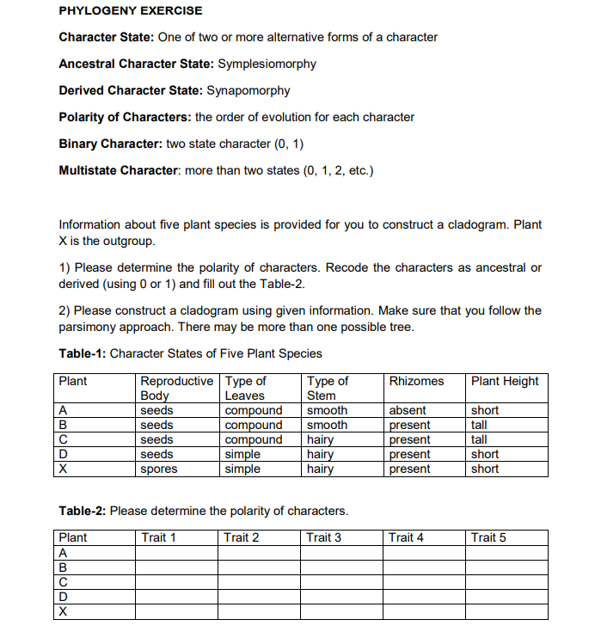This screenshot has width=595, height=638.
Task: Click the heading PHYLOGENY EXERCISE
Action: point(131,11)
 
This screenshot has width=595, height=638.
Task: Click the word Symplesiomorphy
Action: point(267,64)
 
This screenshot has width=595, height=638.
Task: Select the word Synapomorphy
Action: point(248,90)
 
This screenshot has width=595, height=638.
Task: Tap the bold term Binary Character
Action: point(109,144)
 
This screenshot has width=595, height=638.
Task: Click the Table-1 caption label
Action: point(82,353)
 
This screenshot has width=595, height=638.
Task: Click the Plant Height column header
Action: point(505,381)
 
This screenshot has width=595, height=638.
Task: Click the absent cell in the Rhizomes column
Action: point(408,411)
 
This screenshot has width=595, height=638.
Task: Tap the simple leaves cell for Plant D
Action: point(242,455)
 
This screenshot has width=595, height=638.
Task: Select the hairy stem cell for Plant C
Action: point(321,440)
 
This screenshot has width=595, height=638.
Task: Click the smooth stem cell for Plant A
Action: point(327,411)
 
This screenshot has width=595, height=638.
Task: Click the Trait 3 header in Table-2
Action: point(323,537)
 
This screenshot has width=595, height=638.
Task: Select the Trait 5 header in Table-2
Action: point(488,537)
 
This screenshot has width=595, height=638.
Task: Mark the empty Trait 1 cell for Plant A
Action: point(176,553)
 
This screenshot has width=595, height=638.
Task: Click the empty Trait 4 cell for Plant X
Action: point(424,611)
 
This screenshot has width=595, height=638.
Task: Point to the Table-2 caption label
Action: point(82,511)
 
